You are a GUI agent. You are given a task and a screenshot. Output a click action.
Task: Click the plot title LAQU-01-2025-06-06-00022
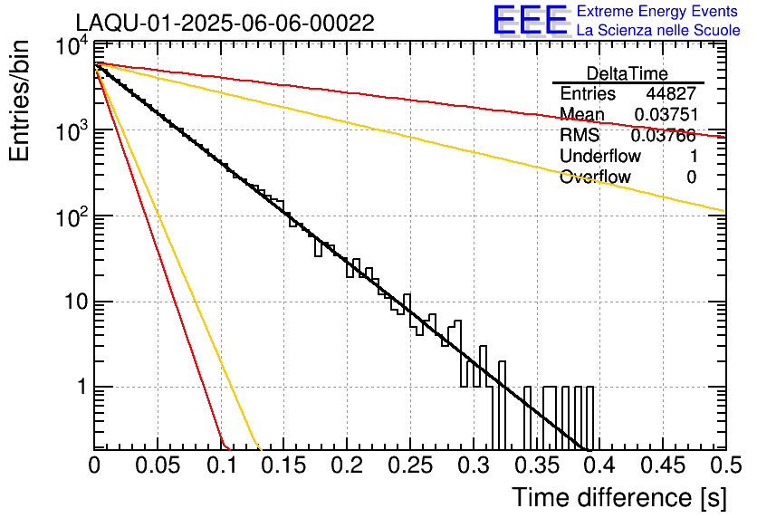click(225, 23)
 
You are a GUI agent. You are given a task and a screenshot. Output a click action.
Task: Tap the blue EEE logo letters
click(531, 20)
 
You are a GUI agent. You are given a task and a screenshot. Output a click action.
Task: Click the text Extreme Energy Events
click(657, 11)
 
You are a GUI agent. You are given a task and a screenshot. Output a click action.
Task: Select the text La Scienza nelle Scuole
click(658, 30)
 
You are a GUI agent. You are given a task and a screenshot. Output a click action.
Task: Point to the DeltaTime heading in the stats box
click(628, 73)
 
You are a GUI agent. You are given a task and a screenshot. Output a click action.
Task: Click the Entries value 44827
click(671, 93)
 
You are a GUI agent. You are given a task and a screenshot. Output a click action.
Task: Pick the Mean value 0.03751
click(666, 114)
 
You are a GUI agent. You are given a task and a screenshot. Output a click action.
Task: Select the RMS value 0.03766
click(664, 136)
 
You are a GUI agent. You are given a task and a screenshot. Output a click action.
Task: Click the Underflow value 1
click(693, 156)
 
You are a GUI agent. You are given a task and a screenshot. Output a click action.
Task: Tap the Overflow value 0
click(691, 177)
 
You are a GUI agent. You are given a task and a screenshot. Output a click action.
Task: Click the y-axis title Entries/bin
click(19, 101)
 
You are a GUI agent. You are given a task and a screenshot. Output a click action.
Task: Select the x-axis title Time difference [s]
click(619, 498)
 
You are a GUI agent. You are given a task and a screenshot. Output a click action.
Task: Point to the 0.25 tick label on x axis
click(410, 465)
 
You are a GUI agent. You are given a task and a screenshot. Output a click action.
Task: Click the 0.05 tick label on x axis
click(158, 465)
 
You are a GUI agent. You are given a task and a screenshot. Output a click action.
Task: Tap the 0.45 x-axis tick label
click(664, 465)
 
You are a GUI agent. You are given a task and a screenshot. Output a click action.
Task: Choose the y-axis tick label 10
click(77, 302)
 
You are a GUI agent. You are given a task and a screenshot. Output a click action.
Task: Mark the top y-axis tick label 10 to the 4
click(72, 48)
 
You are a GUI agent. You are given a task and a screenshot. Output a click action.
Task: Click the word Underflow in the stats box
click(600, 156)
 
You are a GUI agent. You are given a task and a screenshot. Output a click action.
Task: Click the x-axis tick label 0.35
click(537, 465)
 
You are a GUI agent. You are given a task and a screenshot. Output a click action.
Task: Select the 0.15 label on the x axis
click(283, 465)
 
